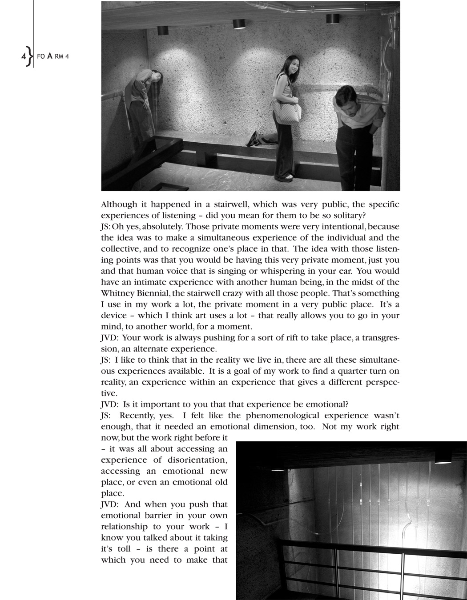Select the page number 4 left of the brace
pyautogui.click(x=23, y=57)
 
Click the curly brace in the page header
pyautogui.click(x=29, y=56)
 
